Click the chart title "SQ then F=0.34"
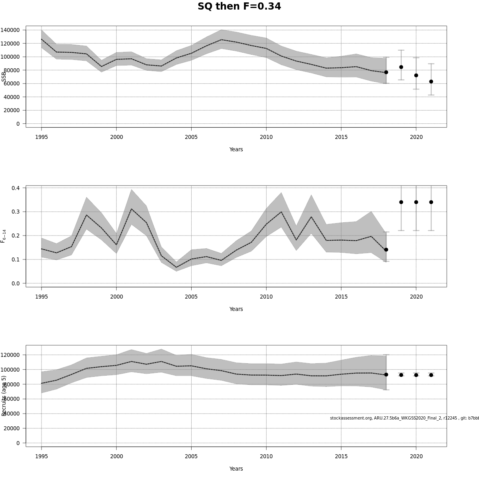(x=239, y=7)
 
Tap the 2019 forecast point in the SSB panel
(x=401, y=67)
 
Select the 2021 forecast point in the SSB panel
(x=431, y=81)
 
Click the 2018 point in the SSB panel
(x=386, y=72)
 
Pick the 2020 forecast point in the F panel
(x=416, y=202)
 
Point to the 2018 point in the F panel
(x=386, y=249)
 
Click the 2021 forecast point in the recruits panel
(x=431, y=375)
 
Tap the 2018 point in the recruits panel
(x=386, y=374)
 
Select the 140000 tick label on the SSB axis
(x=10, y=30)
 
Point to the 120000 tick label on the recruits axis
(x=10, y=355)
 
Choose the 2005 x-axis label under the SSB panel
(x=191, y=137)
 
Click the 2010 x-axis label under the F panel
(x=266, y=297)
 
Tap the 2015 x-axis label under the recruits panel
(x=341, y=456)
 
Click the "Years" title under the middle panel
(x=236, y=309)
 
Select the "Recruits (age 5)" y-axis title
(x=4, y=395)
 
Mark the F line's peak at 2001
(x=131, y=209)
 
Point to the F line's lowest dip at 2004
(x=176, y=267)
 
